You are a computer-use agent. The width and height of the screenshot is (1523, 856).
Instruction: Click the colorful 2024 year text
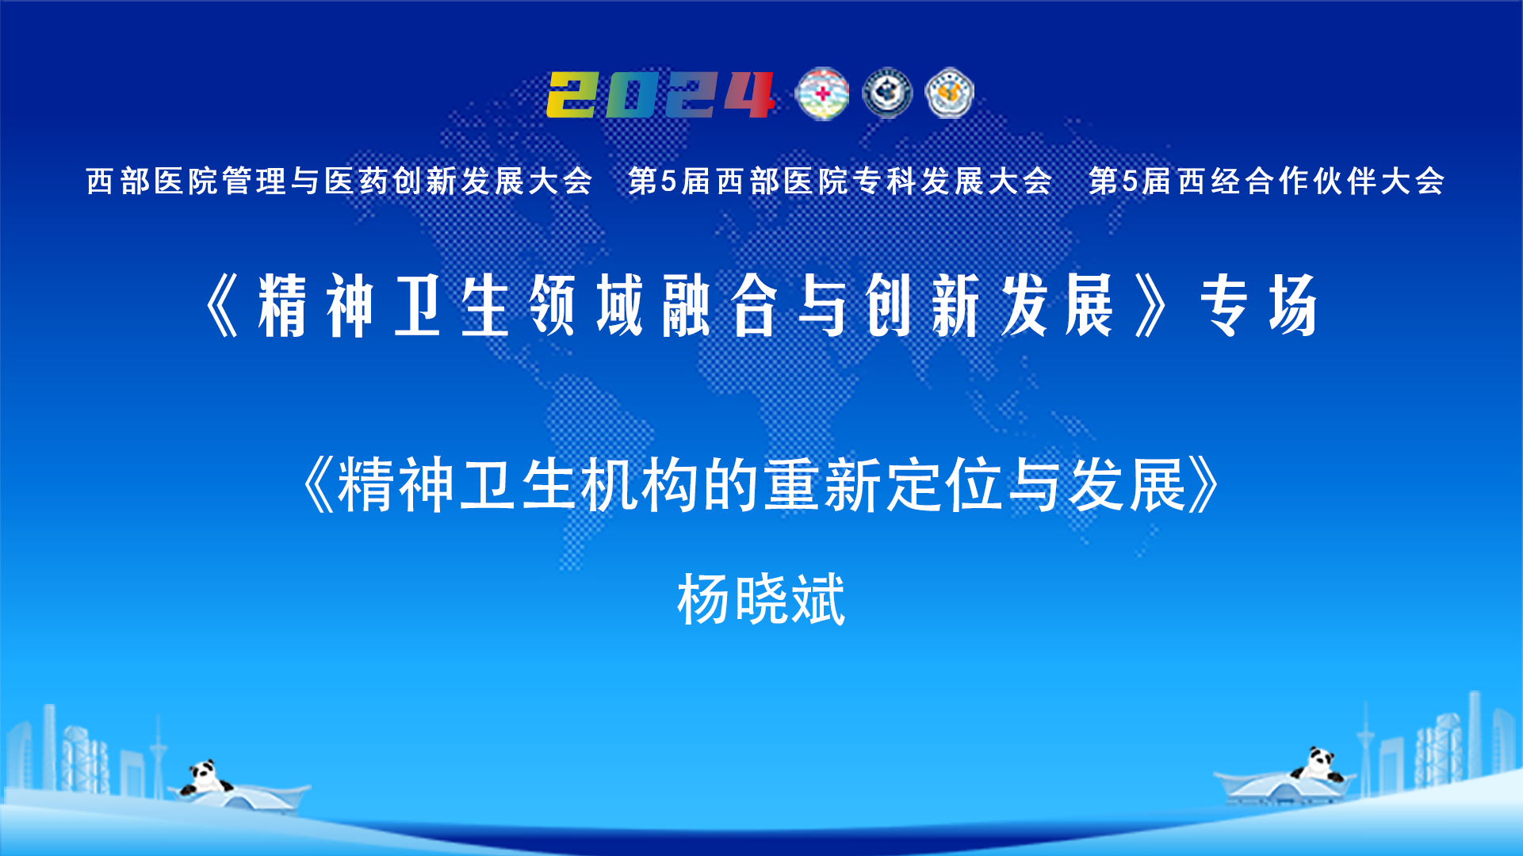[x=660, y=94]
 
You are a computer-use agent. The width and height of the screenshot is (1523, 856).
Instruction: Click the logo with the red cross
[x=822, y=94]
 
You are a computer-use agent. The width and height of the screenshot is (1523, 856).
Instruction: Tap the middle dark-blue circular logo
[x=887, y=94]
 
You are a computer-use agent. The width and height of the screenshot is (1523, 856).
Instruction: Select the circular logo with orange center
[x=949, y=94]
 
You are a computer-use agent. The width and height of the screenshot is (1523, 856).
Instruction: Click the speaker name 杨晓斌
[x=761, y=599]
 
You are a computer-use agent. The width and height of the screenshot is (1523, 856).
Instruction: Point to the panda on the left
[x=205, y=777]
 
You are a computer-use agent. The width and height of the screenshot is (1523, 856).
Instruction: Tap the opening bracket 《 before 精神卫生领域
[x=222, y=305]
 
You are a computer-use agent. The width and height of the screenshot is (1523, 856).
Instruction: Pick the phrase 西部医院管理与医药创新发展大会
[x=339, y=181]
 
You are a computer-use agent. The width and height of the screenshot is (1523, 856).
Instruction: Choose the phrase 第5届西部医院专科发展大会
[x=840, y=181]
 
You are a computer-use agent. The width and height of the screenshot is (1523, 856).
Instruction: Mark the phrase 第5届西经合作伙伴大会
[x=1266, y=181]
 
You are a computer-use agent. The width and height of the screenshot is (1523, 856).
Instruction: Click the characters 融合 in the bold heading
[x=719, y=305]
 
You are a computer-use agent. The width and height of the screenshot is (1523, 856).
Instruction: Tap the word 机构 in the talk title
[x=641, y=485]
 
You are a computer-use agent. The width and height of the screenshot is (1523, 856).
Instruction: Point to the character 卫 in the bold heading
[x=417, y=305]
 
